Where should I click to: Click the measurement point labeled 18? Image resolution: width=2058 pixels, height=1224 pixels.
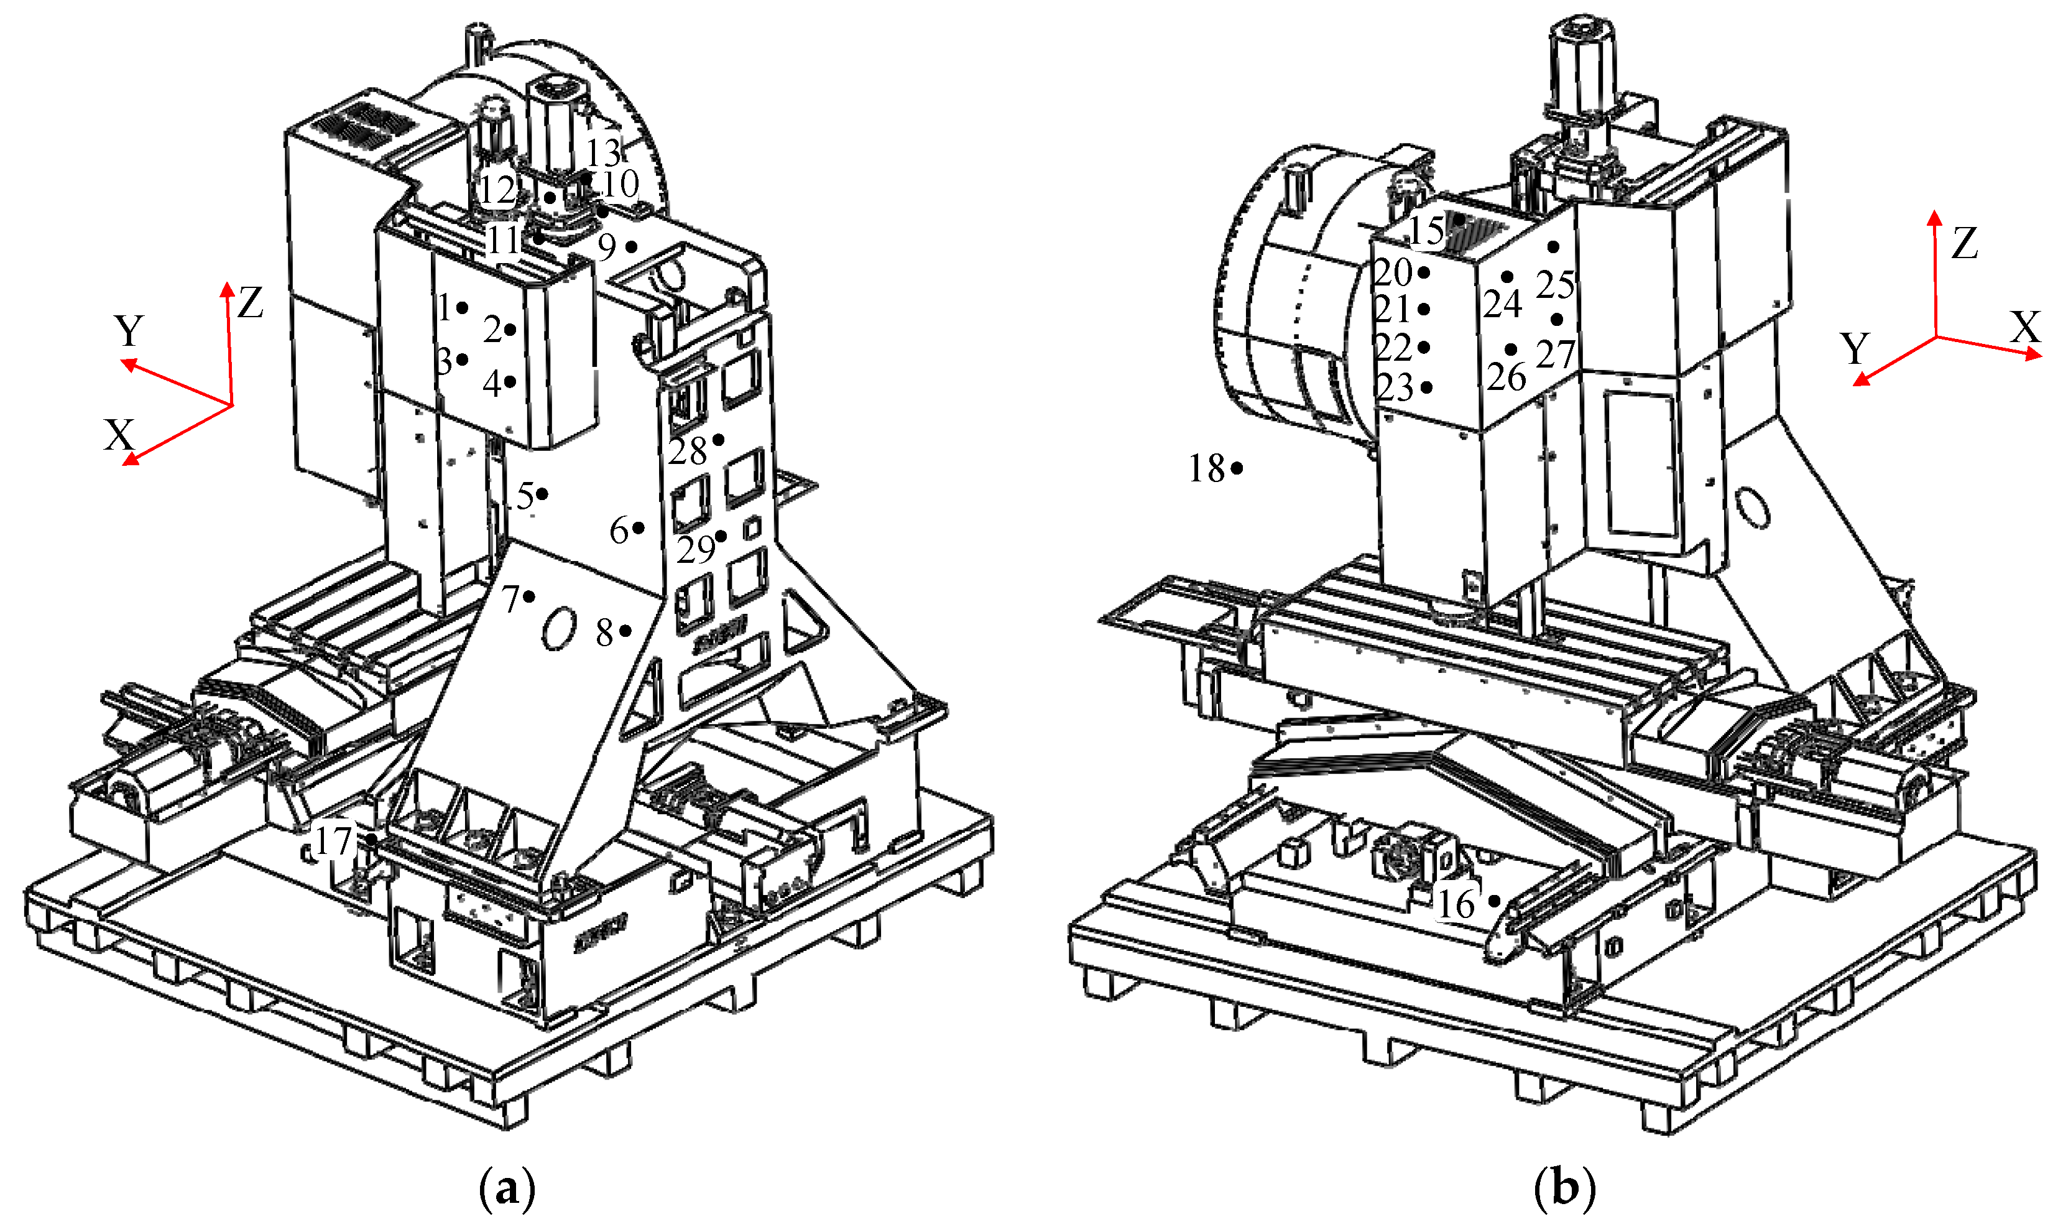1237,468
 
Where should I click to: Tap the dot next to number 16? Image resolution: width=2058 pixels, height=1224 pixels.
1494,901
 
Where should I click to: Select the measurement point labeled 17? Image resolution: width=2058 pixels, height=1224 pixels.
372,839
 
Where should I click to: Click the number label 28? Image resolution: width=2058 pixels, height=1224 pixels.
688,451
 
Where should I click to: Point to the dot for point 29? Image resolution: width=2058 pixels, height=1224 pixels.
721,537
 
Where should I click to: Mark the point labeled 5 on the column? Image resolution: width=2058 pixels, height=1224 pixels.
543,494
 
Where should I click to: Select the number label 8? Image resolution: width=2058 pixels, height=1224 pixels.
604,633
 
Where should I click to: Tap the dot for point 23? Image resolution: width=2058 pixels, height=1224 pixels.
1426,387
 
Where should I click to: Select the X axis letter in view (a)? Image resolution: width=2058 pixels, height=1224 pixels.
119,435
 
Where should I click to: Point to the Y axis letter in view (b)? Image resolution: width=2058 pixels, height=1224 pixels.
1855,348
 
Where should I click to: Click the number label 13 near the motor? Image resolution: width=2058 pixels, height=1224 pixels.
602,152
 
